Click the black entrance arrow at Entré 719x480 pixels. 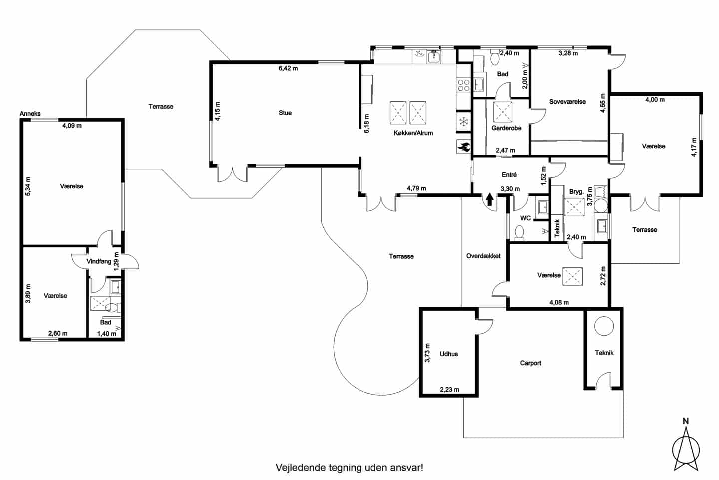(490, 199)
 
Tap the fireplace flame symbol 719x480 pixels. (464, 147)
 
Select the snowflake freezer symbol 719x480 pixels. (463, 122)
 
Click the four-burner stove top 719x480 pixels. (463, 86)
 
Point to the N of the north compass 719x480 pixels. (686, 421)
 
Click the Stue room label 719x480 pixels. (285, 113)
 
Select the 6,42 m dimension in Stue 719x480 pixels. (288, 68)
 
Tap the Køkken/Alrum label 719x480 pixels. (413, 133)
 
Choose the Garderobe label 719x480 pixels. (506, 128)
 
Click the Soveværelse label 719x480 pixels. (568, 102)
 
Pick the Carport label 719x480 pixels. (531, 363)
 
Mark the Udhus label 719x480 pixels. (449, 354)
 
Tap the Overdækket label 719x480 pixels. (483, 256)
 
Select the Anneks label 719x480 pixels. (30, 114)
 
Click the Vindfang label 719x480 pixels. (99, 261)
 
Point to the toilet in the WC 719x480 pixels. (519, 233)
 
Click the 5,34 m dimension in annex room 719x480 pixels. (28, 186)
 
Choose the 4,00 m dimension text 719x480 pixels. (655, 100)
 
